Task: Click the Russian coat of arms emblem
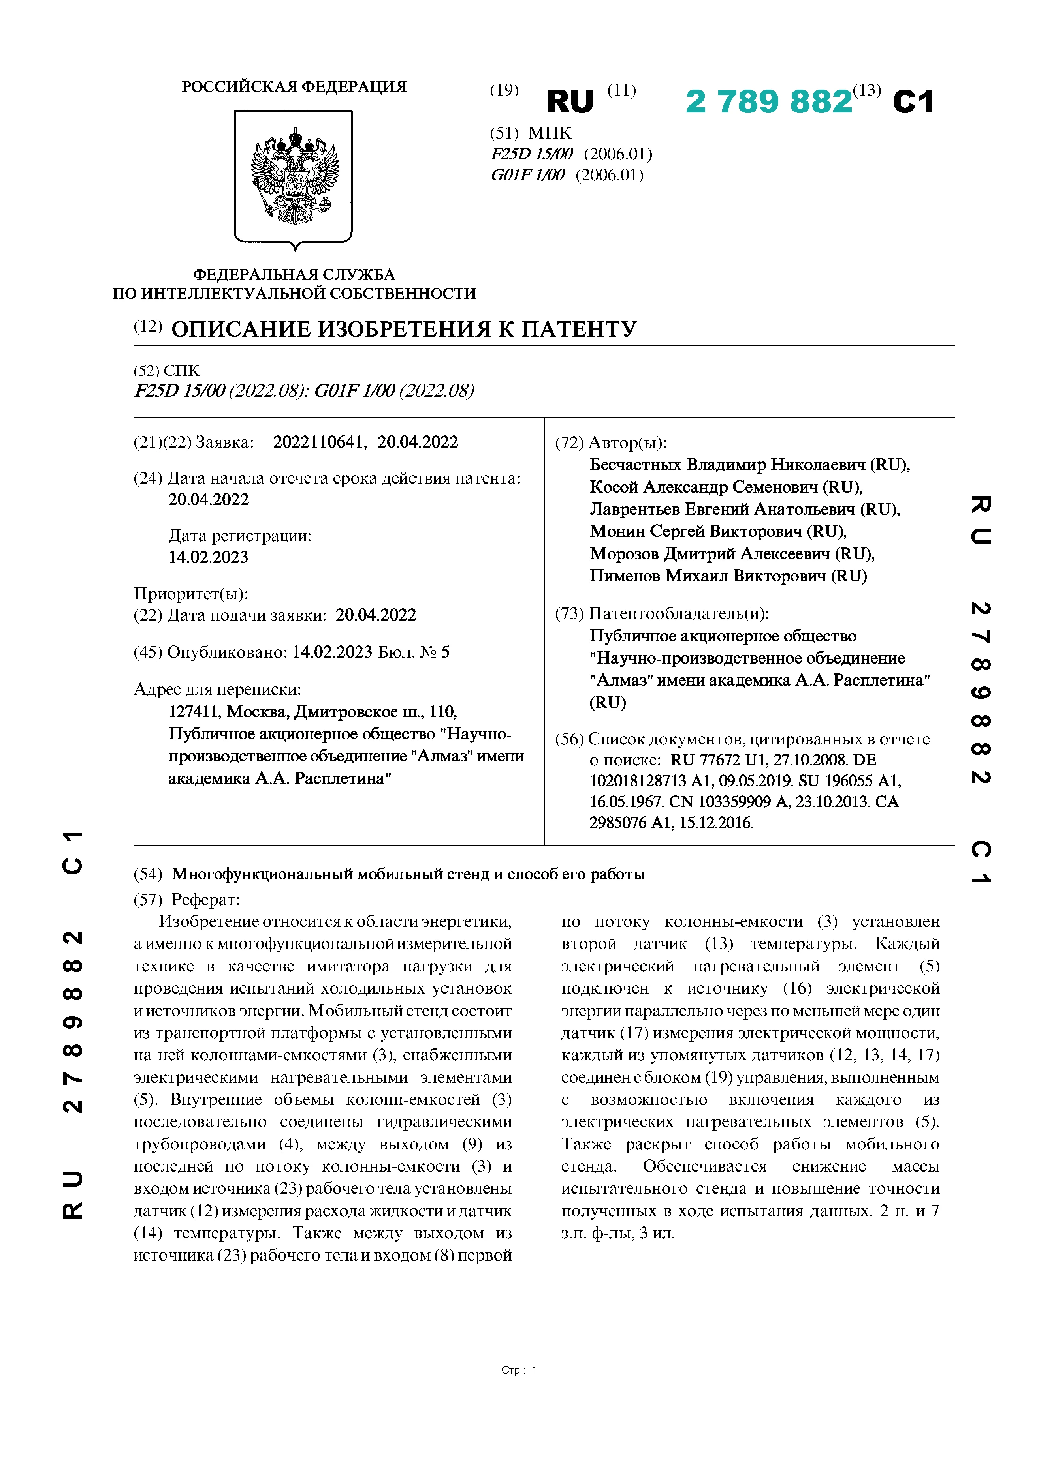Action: point(294,177)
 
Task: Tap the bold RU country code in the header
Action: point(569,102)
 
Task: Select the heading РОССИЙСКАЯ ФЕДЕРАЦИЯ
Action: point(294,87)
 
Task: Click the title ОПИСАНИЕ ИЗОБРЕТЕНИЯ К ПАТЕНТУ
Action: point(404,329)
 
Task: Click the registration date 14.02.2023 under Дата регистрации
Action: point(208,557)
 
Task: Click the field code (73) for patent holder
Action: point(569,614)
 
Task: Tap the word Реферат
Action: point(205,900)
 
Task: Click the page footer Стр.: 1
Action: point(519,1370)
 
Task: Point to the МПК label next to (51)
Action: point(550,133)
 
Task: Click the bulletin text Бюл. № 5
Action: point(414,652)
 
